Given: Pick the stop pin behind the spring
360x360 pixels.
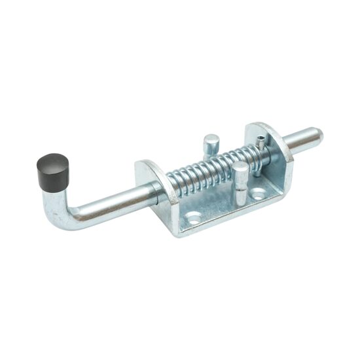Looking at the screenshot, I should pyautogui.click(x=211, y=143).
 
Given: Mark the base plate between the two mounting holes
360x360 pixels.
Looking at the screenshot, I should pyautogui.click(x=226, y=206).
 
